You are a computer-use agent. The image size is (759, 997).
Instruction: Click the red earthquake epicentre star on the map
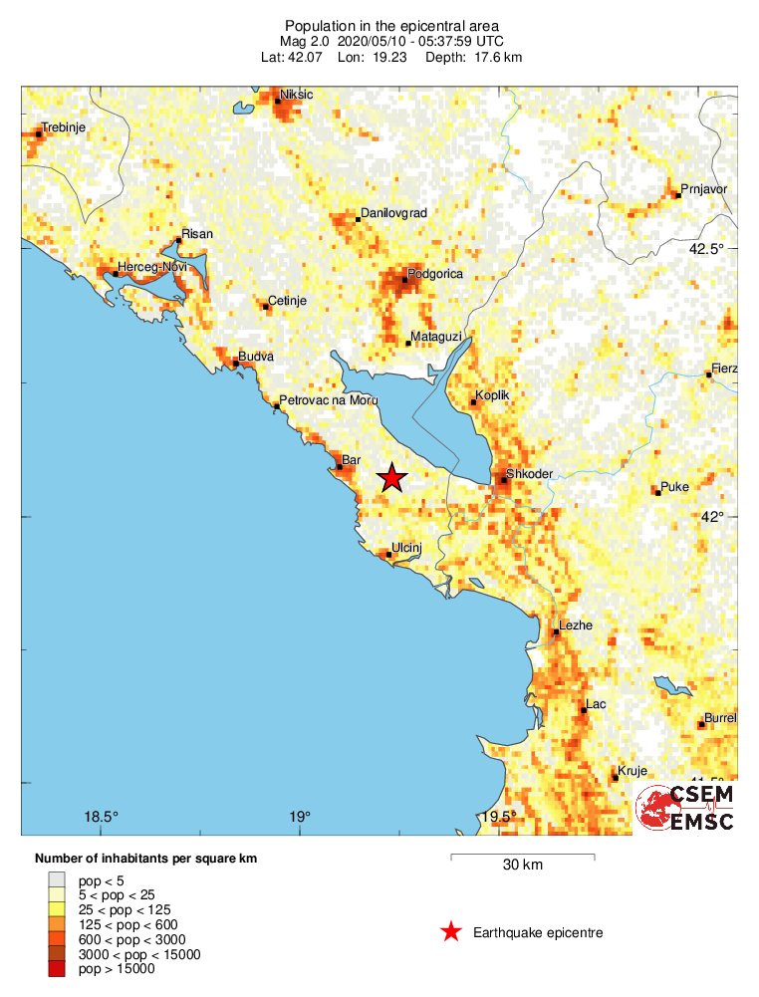[392, 478]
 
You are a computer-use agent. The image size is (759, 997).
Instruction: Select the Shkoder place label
[529, 473]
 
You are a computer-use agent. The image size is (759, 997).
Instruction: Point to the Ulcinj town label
[408, 547]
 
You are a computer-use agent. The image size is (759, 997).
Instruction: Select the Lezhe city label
[577, 625]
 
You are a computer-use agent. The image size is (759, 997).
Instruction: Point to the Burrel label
[719, 717]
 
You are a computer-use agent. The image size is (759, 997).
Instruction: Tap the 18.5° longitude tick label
[101, 817]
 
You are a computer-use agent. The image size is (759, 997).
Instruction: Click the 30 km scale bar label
[523, 865]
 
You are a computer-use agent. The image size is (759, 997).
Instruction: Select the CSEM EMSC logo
[686, 808]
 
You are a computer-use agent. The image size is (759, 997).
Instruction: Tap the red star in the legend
[451, 932]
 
